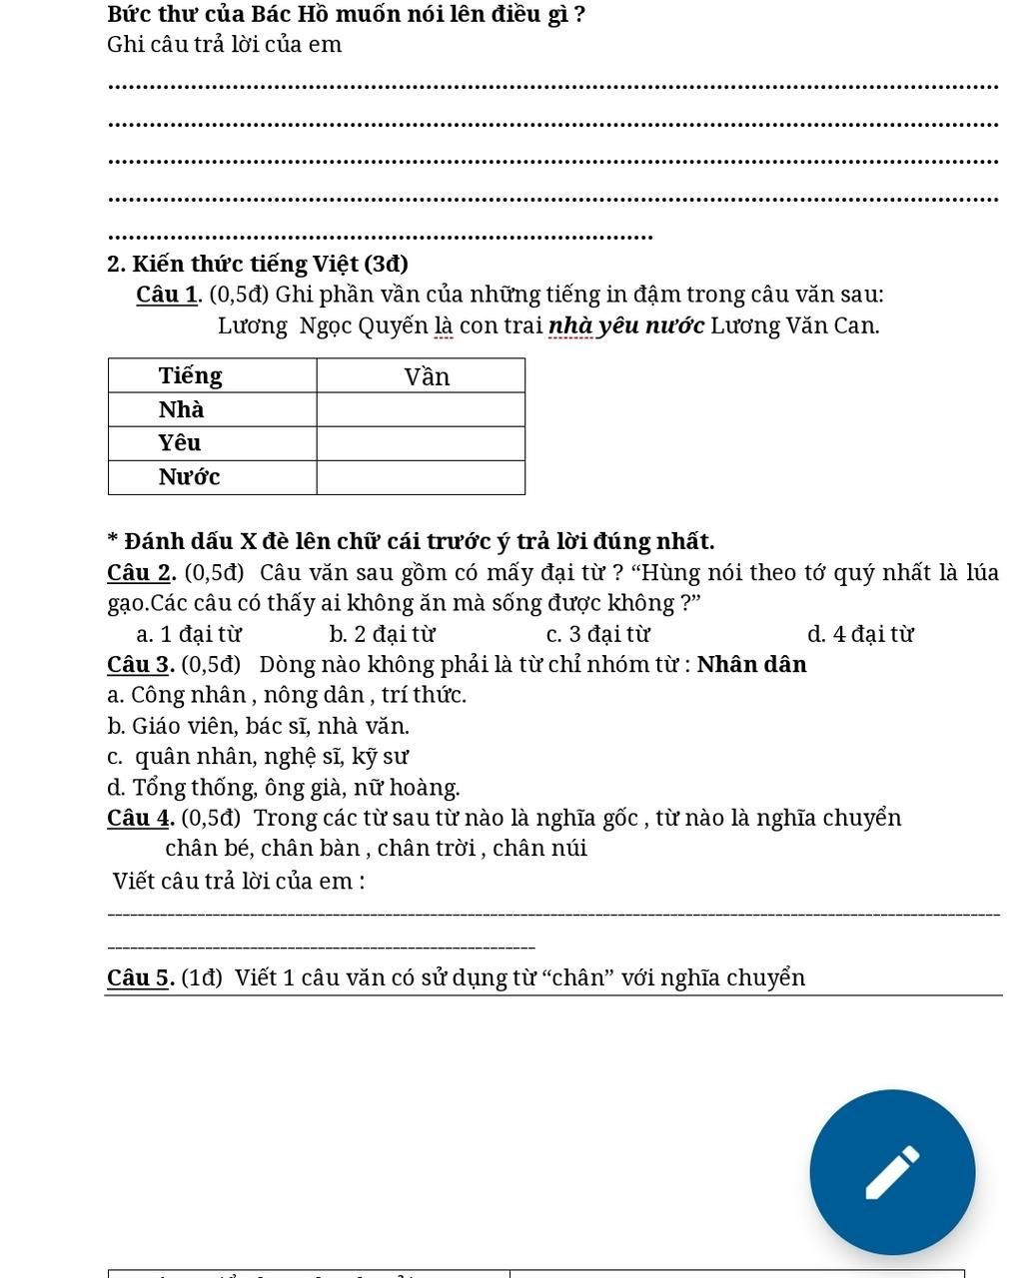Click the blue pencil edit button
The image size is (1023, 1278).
click(x=891, y=1172)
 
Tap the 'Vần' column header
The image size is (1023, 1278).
click(x=427, y=376)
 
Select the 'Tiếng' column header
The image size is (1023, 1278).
click(x=191, y=375)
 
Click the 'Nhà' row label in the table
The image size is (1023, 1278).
click(x=182, y=409)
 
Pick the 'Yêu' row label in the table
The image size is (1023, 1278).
click(x=180, y=442)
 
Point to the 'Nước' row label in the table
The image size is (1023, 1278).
click(x=189, y=476)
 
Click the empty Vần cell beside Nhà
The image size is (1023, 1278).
click(x=421, y=409)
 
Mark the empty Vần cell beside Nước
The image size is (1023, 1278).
click(x=421, y=477)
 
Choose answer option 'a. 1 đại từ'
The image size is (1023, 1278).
click(x=189, y=634)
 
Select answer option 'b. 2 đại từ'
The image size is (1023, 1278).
click(x=382, y=634)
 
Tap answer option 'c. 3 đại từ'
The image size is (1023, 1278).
click(x=597, y=634)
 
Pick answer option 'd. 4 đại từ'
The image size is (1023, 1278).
click(x=859, y=634)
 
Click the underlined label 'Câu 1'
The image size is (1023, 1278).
click(x=167, y=295)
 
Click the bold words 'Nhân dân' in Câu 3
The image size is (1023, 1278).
click(x=751, y=664)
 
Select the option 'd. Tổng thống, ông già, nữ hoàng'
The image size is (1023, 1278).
click(x=284, y=788)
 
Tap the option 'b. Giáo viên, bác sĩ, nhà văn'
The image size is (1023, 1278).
click(x=258, y=726)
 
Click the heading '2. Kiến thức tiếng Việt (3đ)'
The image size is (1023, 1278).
click(x=257, y=264)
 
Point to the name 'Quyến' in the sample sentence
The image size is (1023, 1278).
click(x=393, y=325)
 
